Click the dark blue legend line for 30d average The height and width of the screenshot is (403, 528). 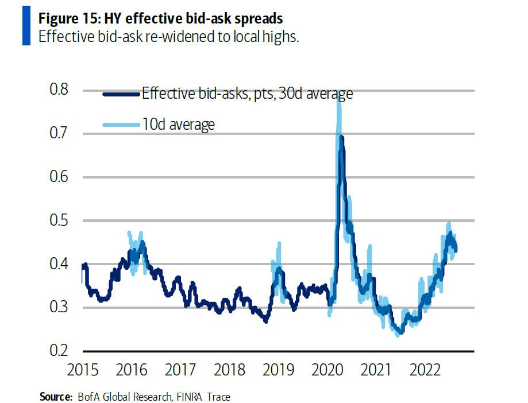click(x=121, y=94)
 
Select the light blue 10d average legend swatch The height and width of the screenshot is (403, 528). click(x=121, y=124)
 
